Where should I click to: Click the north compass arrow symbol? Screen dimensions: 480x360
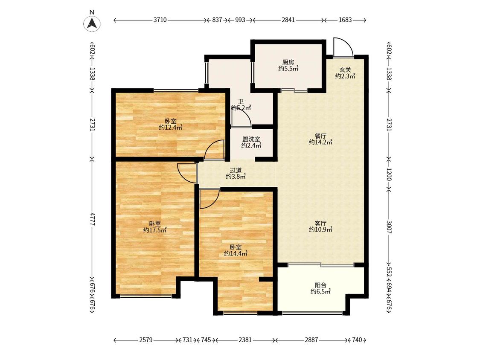point(92,23)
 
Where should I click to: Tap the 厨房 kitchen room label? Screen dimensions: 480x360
point(288,62)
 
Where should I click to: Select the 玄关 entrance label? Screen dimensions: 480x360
point(345,70)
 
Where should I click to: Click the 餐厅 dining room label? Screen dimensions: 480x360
point(320,136)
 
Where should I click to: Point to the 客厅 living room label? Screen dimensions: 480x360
point(320,224)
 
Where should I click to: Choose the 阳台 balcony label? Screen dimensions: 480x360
point(320,285)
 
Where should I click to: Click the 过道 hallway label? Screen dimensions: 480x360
point(236,170)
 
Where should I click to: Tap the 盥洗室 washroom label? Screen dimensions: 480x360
point(251,139)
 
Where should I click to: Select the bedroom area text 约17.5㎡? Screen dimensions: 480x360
point(155,230)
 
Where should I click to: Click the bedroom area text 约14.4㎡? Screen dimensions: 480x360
point(236,253)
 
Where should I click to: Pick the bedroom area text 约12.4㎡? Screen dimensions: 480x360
point(171,128)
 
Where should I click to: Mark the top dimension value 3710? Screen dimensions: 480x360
point(160,20)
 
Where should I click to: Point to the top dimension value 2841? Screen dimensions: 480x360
point(288,20)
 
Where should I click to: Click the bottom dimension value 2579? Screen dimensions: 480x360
point(146,340)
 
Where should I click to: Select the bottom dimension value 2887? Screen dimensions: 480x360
point(311,340)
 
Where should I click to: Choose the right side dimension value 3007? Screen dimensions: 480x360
point(389,227)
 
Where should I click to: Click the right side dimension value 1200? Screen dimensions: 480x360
point(389,174)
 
